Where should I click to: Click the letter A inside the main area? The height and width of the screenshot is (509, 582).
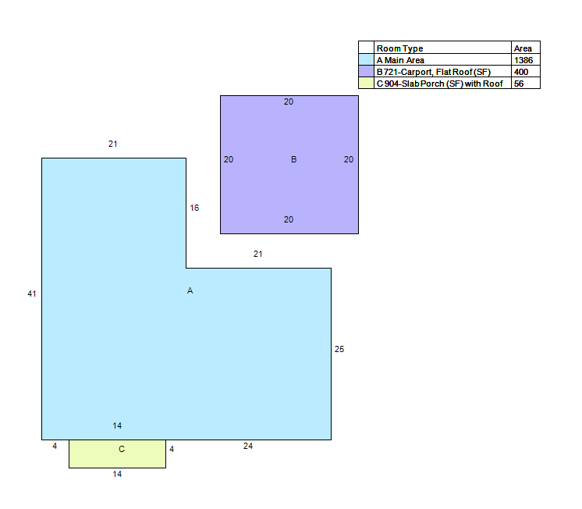[x=190, y=290]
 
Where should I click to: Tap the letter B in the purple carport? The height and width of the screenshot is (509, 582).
[x=293, y=159]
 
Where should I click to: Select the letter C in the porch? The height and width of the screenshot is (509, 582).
[x=122, y=449]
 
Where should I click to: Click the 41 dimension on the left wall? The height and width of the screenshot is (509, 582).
[x=32, y=294]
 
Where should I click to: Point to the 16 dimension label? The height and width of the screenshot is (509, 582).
[x=194, y=208]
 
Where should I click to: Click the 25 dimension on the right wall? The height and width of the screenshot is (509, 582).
[x=339, y=349]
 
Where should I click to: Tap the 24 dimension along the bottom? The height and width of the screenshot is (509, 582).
[x=248, y=446]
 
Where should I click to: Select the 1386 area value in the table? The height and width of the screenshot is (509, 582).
[x=523, y=60]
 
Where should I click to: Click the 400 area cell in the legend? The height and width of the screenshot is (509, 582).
[x=521, y=72]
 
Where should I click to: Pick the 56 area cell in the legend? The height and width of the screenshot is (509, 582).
[x=519, y=84]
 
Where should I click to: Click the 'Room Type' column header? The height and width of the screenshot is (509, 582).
[x=399, y=48]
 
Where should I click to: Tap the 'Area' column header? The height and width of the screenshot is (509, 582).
[x=523, y=48]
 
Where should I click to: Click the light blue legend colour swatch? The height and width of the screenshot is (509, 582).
[x=366, y=60]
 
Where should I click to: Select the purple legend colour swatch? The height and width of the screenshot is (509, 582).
[x=366, y=71]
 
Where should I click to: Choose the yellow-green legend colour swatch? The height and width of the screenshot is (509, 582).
[x=366, y=83]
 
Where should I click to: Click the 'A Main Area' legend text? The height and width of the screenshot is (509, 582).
[x=400, y=60]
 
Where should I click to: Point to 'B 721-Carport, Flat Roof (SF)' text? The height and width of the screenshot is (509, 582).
[x=434, y=72]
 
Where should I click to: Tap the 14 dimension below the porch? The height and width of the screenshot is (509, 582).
[x=117, y=474]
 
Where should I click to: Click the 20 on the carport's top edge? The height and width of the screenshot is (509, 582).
[x=289, y=101]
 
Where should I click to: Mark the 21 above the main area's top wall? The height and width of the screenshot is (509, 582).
[x=113, y=144]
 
